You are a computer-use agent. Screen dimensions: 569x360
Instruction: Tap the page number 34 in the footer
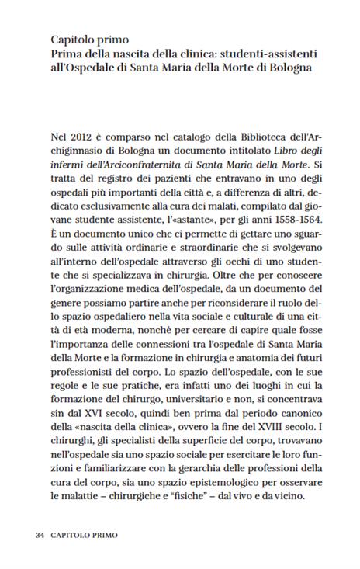[x=40, y=535]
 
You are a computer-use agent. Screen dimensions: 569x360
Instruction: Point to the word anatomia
[x=264, y=356]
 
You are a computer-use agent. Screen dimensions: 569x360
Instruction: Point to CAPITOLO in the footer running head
[x=71, y=535]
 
